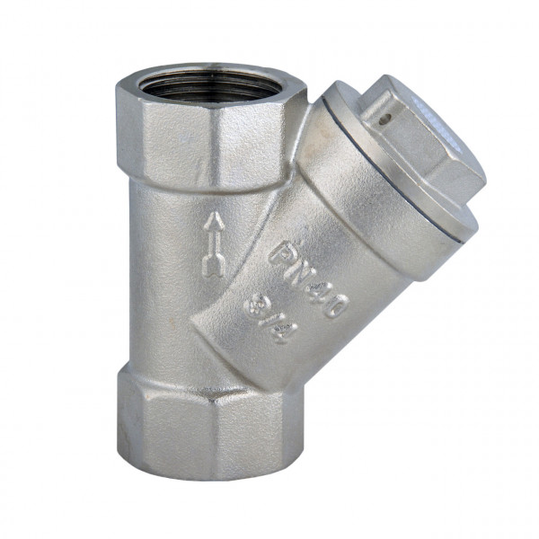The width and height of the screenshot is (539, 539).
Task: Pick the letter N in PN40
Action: coord(296,267)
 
